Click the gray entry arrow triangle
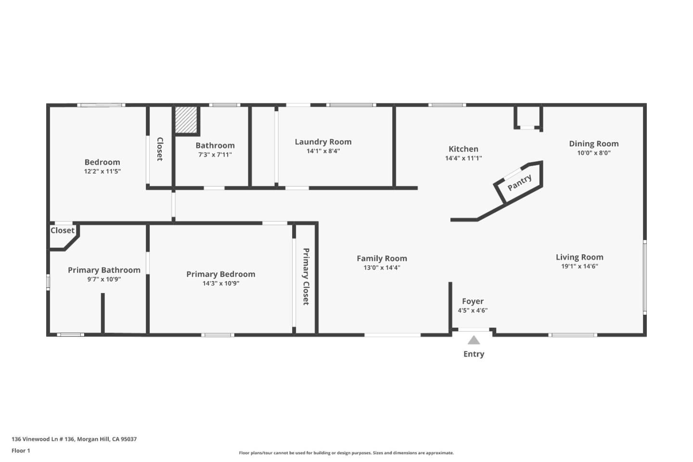tap(474, 340)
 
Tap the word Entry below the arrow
tap(474, 354)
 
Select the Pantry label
tap(520, 182)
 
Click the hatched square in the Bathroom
tap(186, 120)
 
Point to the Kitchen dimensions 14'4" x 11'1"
tap(463, 158)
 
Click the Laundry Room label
tap(323, 141)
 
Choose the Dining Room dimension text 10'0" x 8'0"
tap(594, 153)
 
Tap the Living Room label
tap(579, 257)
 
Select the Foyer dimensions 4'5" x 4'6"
tap(473, 310)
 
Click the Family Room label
tap(382, 258)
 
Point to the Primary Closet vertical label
tap(306, 277)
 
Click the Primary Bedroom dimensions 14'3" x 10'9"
tap(221, 283)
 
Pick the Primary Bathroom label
tap(104, 270)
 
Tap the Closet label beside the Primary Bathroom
tap(63, 231)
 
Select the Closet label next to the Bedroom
tap(160, 149)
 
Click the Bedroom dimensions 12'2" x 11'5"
tap(102, 171)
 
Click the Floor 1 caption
tap(21, 450)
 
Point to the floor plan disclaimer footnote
tap(346, 453)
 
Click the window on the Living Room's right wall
tap(645, 277)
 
